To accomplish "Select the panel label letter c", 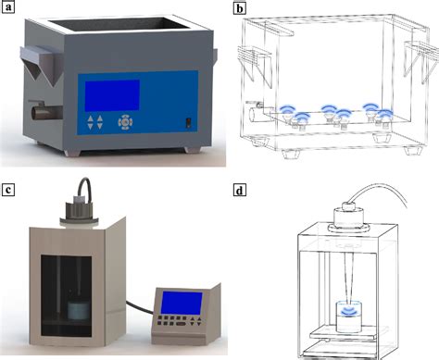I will click(x=10, y=191).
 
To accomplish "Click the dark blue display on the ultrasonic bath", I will click(x=110, y=94).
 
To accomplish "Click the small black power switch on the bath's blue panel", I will click(x=188, y=121).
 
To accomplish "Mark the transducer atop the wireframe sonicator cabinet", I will click(x=355, y=216).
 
